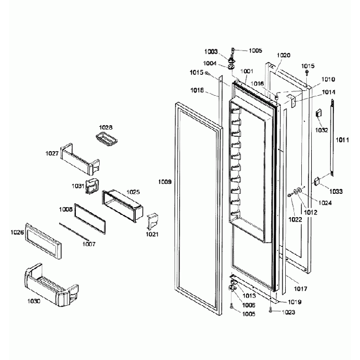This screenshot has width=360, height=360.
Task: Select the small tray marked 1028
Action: click(x=106, y=140)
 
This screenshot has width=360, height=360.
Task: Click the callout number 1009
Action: click(x=164, y=181)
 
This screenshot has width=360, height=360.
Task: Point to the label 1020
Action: click(x=284, y=55)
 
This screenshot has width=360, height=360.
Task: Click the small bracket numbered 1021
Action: click(x=153, y=220)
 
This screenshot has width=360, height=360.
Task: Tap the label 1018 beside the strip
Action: click(x=197, y=90)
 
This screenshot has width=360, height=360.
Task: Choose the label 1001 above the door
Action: click(x=246, y=71)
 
